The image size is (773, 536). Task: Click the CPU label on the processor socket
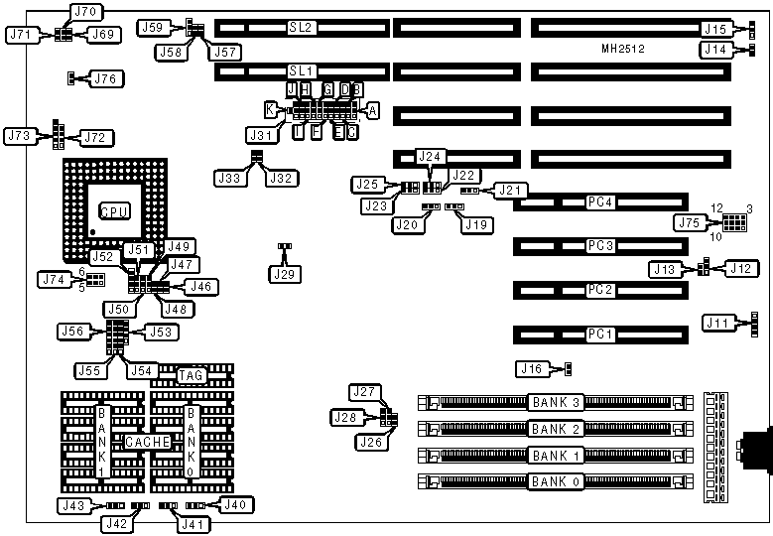click(112, 211)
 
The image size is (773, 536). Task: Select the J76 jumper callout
click(106, 77)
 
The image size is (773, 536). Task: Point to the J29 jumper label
click(284, 271)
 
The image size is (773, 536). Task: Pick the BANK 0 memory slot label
click(556, 482)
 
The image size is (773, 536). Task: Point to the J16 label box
click(532, 369)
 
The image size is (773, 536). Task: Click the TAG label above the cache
click(191, 375)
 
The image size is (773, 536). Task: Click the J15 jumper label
click(715, 29)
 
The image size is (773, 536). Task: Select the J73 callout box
click(20, 134)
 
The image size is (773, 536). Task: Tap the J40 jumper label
click(234, 505)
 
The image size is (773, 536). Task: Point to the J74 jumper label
click(52, 279)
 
